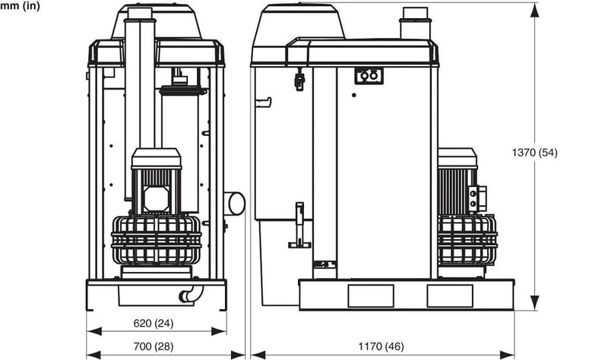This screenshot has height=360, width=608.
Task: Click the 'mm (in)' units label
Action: [19, 6]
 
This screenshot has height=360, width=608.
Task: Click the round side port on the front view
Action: [235, 204]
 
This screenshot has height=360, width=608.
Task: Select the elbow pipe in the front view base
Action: [187, 295]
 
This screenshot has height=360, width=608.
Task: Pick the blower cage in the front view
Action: [156, 240]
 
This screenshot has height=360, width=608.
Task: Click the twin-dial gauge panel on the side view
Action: [369, 76]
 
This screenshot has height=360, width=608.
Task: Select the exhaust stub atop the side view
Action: [415, 23]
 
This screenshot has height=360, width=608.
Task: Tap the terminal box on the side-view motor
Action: [477, 199]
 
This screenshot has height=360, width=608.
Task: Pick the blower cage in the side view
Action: [467, 239]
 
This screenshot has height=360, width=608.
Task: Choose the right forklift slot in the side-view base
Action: [450, 295]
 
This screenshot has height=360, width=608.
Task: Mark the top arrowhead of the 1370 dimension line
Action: [536, 8]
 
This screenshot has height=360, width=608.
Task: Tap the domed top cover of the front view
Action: [157, 21]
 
